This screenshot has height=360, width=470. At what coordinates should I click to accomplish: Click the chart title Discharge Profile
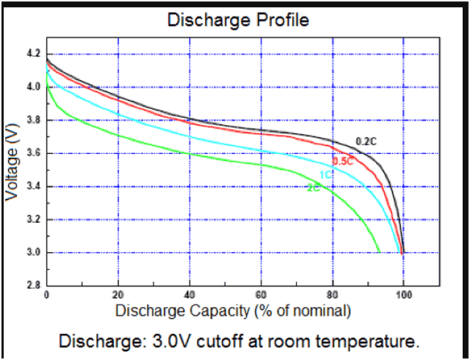pyautogui.click(x=238, y=20)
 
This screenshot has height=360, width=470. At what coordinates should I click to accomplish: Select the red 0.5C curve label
pyautogui.click(x=343, y=161)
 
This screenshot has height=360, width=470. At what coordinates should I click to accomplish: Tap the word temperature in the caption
pyautogui.click(x=366, y=341)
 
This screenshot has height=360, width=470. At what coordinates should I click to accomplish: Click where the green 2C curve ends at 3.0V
pyautogui.click(x=379, y=252)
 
